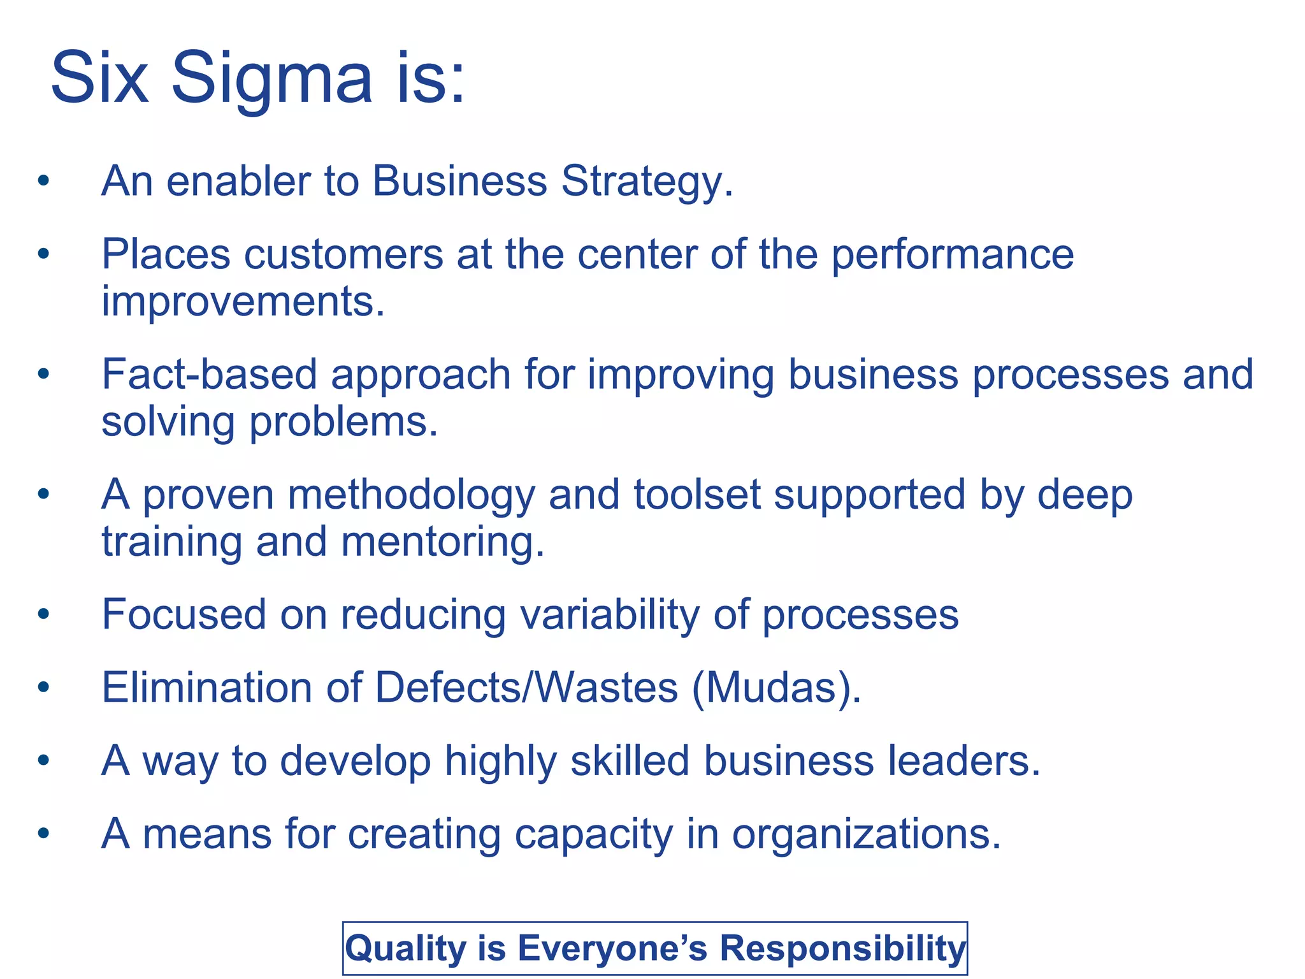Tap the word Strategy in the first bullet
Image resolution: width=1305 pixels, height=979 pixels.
click(647, 182)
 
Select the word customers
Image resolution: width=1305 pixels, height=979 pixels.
click(343, 255)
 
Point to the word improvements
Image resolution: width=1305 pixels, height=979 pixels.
click(243, 301)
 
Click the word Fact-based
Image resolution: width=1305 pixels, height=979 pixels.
click(209, 375)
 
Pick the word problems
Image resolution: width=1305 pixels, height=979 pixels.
click(343, 422)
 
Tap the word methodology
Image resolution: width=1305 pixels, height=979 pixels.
click(411, 495)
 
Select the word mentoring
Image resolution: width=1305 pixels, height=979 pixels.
click(443, 542)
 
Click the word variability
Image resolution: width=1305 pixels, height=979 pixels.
click(610, 615)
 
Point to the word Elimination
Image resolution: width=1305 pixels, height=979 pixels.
click(207, 688)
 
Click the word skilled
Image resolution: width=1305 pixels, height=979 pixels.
click(630, 761)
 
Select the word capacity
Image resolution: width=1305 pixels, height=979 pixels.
click(593, 834)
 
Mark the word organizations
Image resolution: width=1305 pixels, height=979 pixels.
click(866, 834)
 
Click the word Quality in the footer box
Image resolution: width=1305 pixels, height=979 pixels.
click(406, 948)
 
